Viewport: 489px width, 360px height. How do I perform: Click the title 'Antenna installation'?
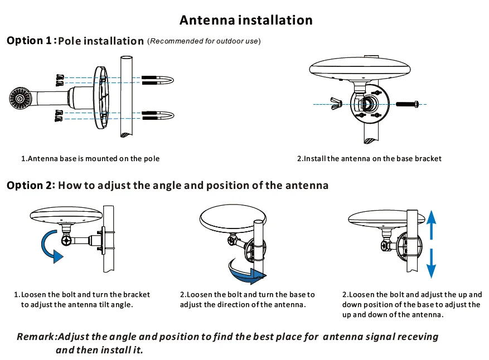(246, 20)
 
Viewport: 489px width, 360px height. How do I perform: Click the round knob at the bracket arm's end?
(20, 99)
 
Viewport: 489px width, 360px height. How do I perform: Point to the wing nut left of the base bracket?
(336, 103)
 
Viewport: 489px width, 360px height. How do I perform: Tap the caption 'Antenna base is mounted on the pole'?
(90, 159)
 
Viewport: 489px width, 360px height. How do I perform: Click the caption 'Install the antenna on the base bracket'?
(369, 159)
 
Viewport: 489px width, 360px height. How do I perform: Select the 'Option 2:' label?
(31, 186)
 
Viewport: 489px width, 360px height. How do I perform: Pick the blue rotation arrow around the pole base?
(245, 273)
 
